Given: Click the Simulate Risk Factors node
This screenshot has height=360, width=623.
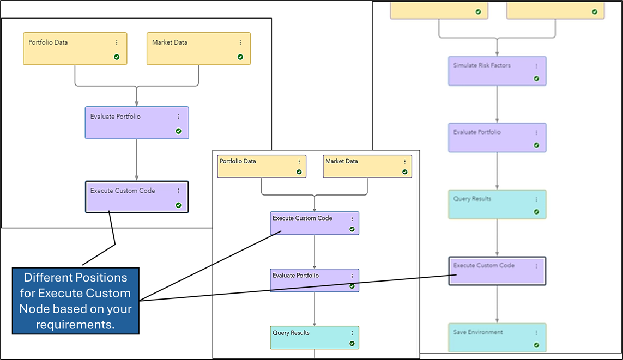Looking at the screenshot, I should [x=497, y=71].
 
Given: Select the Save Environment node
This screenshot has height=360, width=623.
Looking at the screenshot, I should [x=497, y=338].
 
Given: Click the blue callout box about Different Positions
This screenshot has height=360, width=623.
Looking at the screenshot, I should [x=76, y=301].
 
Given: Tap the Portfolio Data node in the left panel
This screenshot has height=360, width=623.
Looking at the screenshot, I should [x=75, y=48].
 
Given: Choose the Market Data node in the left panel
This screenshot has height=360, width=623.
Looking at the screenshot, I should [x=198, y=48].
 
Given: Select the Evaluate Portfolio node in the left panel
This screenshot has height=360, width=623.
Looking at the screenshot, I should [x=136, y=123].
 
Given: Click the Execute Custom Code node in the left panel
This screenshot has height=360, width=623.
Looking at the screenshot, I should [x=136, y=197].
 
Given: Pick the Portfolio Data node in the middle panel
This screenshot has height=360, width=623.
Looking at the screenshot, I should [x=262, y=166].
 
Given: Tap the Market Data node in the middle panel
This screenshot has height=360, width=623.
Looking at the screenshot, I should [x=367, y=166].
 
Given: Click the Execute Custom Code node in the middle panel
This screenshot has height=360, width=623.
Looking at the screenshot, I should [x=314, y=223].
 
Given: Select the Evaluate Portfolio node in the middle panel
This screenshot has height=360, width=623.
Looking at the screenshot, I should [x=314, y=280].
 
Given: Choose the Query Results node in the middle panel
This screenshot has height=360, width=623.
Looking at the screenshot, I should [x=314, y=337].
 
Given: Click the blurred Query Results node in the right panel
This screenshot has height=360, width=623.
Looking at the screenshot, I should [x=497, y=204].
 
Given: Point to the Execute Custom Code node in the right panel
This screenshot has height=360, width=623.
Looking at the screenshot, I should [x=497, y=271].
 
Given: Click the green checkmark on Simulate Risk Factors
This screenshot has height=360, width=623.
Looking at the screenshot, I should [x=536, y=78].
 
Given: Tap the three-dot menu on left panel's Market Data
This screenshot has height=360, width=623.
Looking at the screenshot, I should [x=240, y=42].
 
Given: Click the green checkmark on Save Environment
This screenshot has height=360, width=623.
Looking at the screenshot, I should [x=536, y=345].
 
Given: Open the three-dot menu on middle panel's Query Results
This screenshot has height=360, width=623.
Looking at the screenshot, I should [x=352, y=333].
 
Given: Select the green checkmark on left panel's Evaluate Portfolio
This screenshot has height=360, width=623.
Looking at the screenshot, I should [x=178, y=131].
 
